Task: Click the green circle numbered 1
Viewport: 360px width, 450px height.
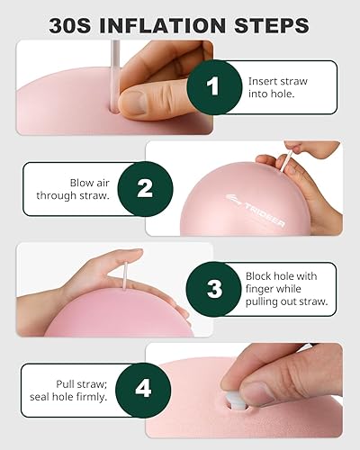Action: click(213, 86)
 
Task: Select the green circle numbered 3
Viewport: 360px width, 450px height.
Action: click(213, 289)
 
